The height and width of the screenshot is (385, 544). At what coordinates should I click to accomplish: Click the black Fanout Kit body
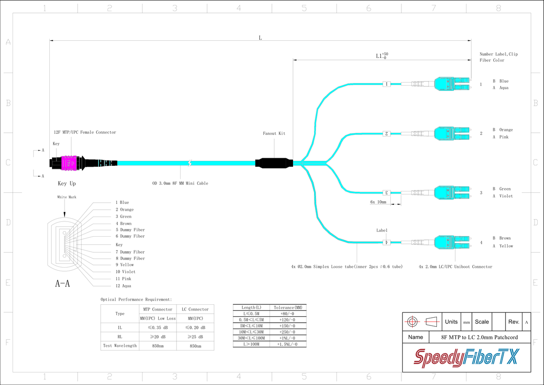pyautogui.click(x=274, y=163)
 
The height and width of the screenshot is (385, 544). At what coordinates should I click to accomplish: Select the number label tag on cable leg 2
pyautogui.click(x=386, y=134)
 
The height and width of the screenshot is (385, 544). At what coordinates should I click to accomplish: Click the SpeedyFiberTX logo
pyautogui.click(x=466, y=358)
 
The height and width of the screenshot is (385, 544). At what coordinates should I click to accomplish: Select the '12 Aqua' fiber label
pyautogui.click(x=123, y=286)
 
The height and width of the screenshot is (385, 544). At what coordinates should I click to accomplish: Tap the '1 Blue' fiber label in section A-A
pyautogui.click(x=122, y=202)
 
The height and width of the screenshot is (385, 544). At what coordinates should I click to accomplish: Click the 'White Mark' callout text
pyautogui.click(x=67, y=197)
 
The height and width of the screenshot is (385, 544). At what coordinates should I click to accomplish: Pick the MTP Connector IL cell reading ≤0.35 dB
pyautogui.click(x=158, y=328)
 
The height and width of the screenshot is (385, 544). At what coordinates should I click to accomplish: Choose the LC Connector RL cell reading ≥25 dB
pyautogui.click(x=195, y=337)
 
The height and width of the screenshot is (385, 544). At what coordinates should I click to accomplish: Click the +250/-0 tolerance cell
pyautogui.click(x=287, y=332)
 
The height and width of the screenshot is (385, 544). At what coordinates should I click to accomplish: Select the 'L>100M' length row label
pyautogui.click(x=251, y=344)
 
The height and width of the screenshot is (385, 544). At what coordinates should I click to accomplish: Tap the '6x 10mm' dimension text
pyautogui.click(x=378, y=202)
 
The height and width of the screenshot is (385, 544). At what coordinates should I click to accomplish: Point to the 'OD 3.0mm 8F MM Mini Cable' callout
pyautogui.click(x=180, y=183)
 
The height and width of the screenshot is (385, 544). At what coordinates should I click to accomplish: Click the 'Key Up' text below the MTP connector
pyautogui.click(x=67, y=183)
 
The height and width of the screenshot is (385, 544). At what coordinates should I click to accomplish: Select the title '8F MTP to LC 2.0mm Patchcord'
pyautogui.click(x=479, y=337)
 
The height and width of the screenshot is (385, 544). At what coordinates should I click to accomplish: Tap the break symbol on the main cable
pyautogui.click(x=190, y=163)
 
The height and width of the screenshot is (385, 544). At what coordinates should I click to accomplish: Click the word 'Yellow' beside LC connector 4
pyautogui.click(x=506, y=246)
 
